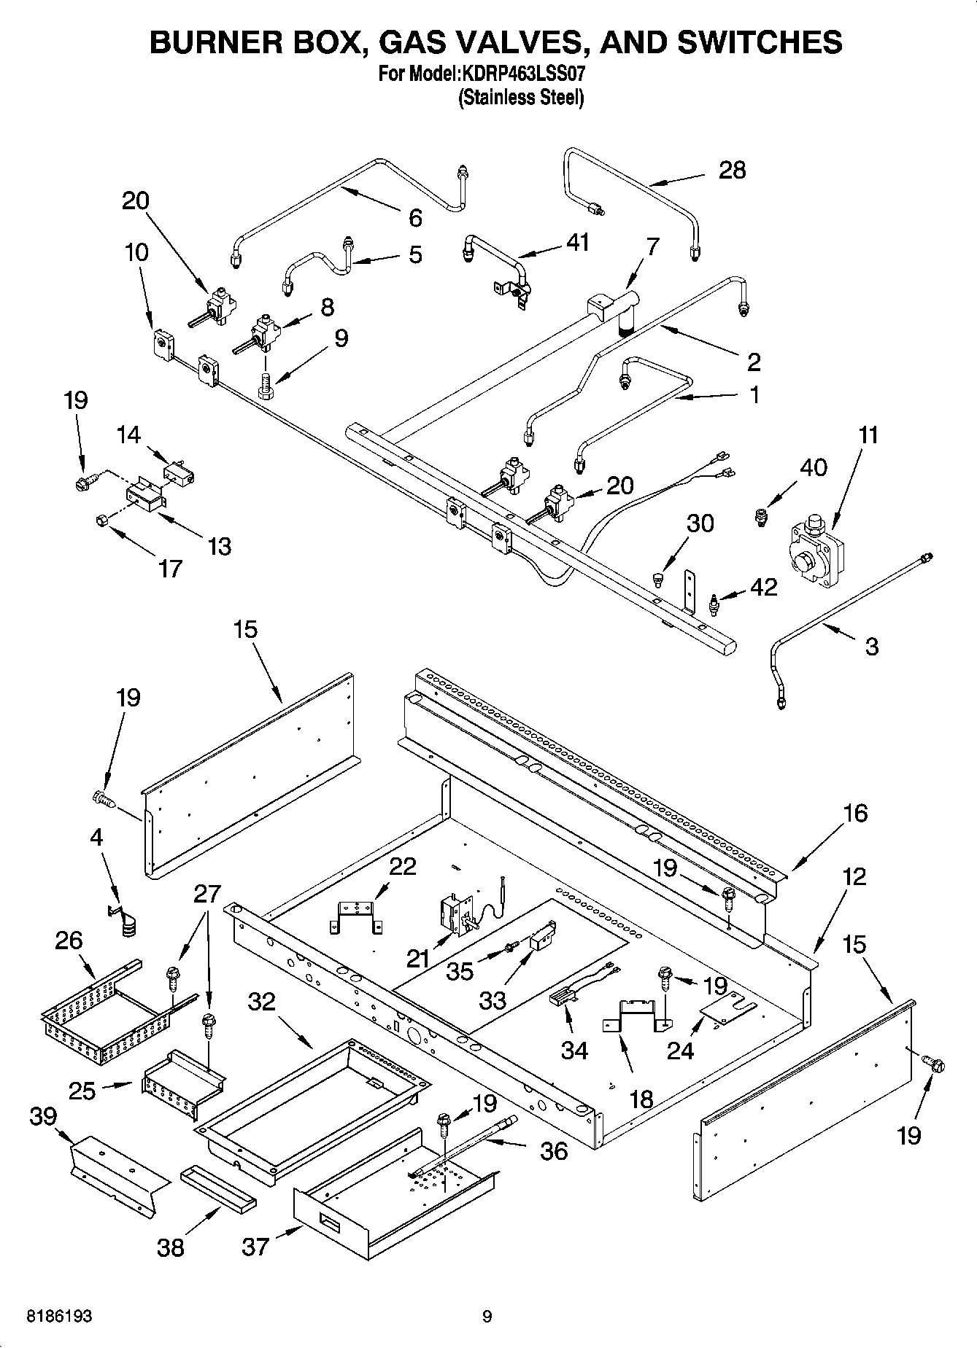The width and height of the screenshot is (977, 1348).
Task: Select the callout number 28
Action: point(732,170)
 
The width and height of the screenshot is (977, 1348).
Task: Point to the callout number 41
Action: point(577,242)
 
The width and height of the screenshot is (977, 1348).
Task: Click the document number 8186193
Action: point(59,1317)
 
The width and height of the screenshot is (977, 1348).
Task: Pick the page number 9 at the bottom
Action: point(487,1317)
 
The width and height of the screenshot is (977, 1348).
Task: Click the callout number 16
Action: point(855,813)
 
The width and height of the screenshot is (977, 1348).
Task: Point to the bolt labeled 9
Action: point(266,384)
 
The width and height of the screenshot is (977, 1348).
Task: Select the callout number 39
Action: point(43,1116)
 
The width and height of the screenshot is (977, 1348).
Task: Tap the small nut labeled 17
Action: point(102,519)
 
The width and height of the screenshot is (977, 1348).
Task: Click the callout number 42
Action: point(763,587)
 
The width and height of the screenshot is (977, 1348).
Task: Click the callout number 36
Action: point(554,1150)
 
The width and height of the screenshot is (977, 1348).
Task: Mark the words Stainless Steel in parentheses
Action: point(521,97)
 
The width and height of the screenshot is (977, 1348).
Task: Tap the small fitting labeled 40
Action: point(762,517)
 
